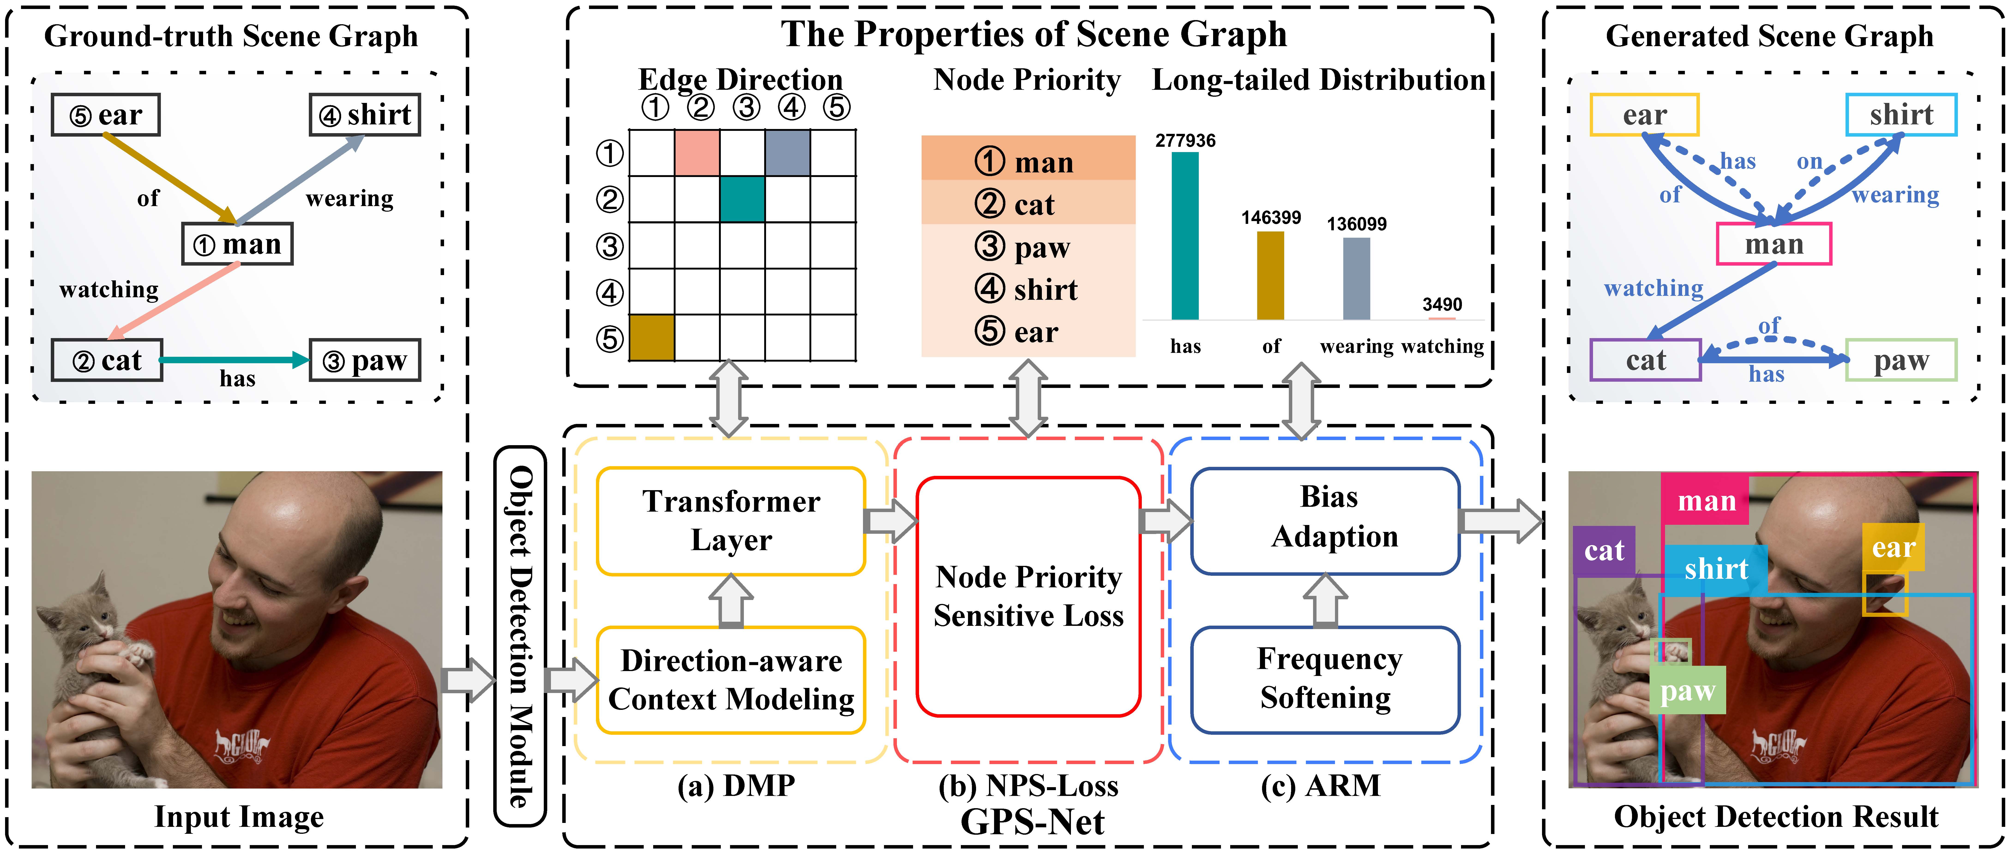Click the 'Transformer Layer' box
click(731, 521)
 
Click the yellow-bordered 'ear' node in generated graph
click(1644, 115)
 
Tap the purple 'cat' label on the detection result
click(1603, 550)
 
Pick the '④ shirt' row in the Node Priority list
click(1027, 290)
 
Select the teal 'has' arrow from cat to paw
click(234, 360)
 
